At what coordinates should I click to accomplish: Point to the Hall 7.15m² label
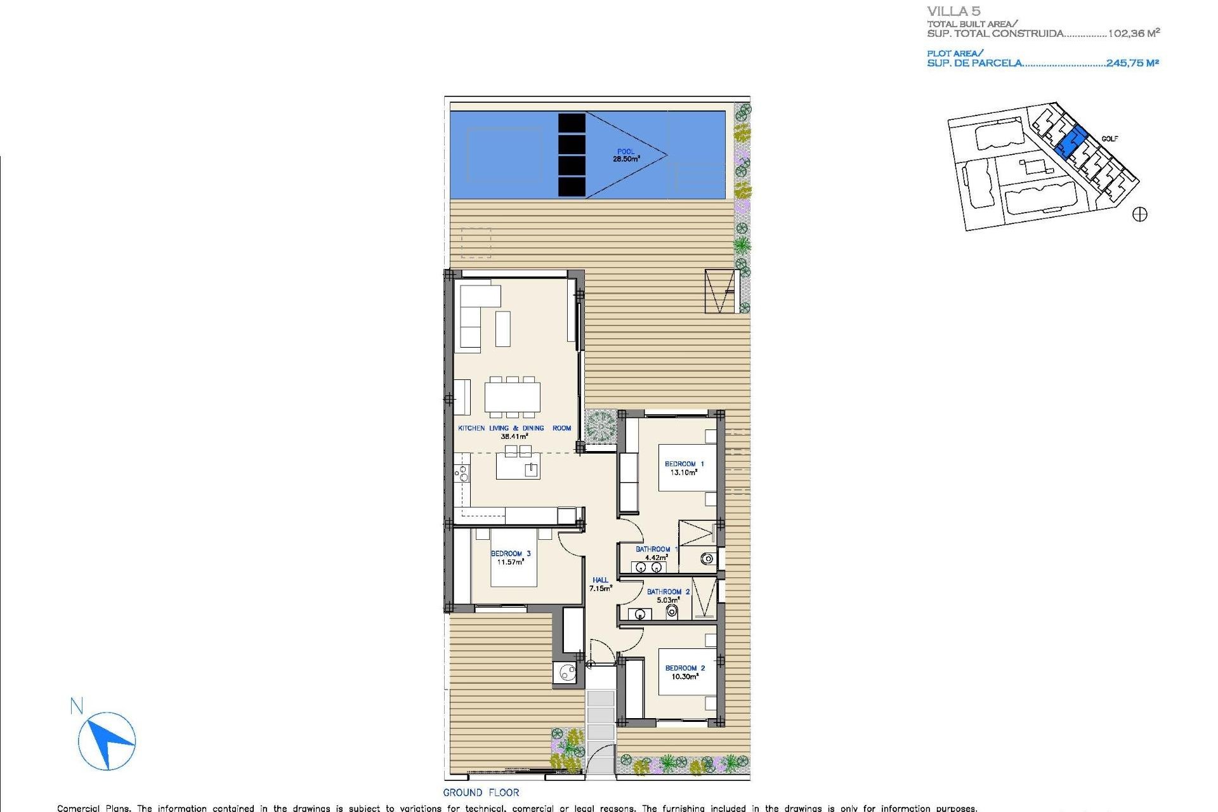pyautogui.click(x=600, y=584)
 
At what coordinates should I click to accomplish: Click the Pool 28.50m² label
pyautogui.click(x=625, y=155)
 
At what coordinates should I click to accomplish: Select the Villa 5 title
pyautogui.click(x=953, y=11)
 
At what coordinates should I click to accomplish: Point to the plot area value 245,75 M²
pyautogui.click(x=1132, y=63)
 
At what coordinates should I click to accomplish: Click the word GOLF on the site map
pyautogui.click(x=1110, y=139)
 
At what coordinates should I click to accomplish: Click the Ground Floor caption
pyautogui.click(x=481, y=792)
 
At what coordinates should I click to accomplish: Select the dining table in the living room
pyautogui.click(x=513, y=397)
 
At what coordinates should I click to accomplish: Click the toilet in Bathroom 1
pyautogui.click(x=707, y=559)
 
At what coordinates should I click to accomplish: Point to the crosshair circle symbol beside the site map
pyautogui.click(x=1140, y=214)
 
